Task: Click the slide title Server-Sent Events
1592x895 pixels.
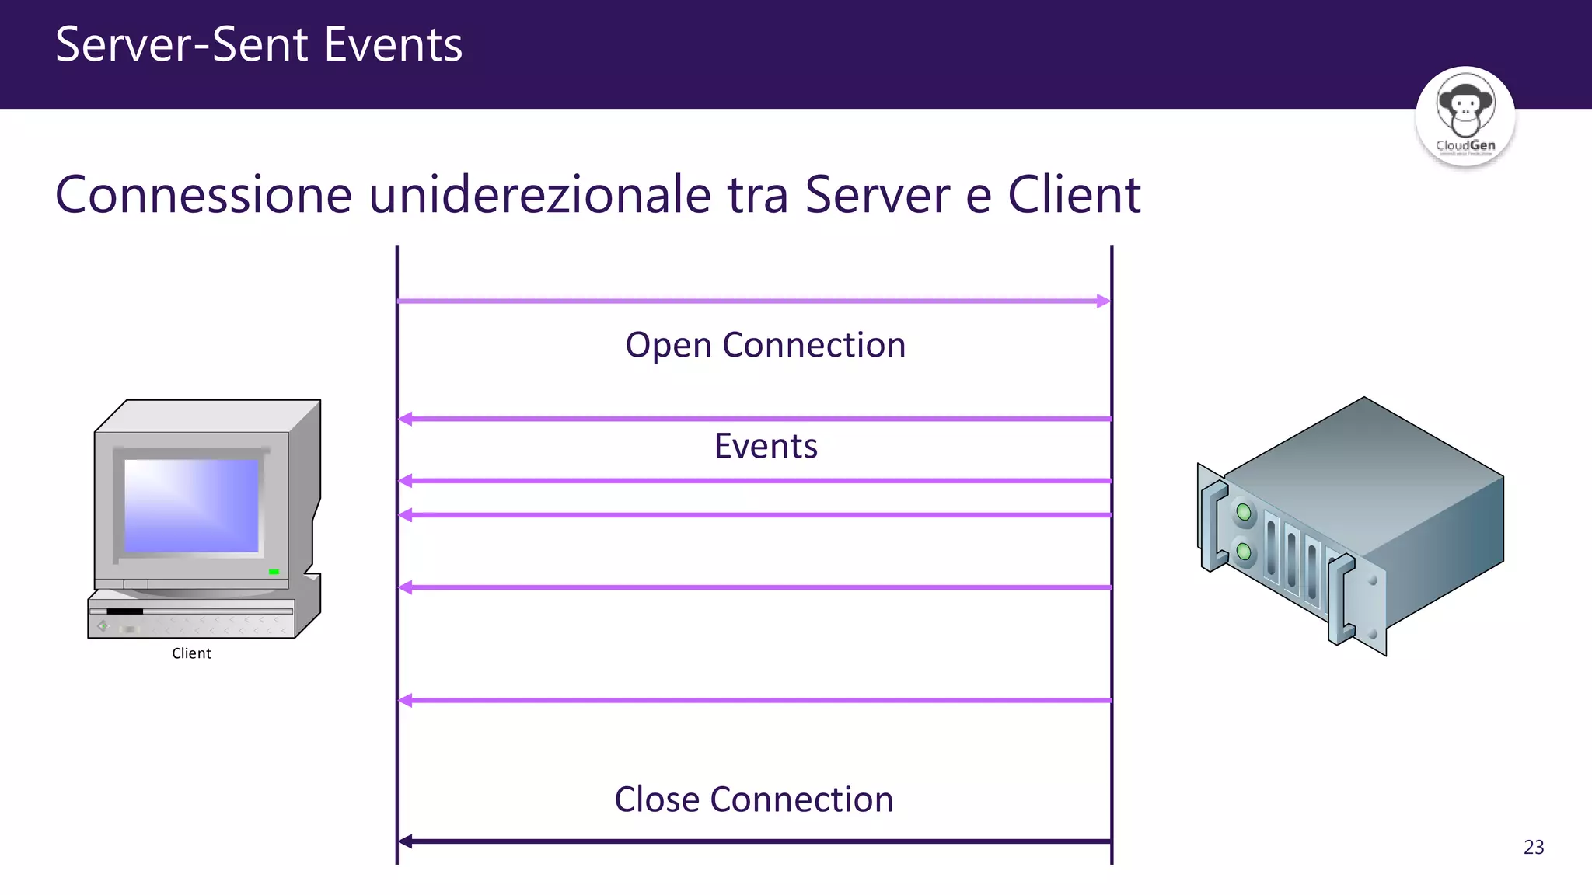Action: [259, 44]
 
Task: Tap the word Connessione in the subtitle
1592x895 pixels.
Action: [204, 194]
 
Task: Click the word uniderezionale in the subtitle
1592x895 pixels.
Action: [539, 194]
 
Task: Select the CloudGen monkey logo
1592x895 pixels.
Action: [1465, 115]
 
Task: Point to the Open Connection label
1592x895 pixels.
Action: [766, 345]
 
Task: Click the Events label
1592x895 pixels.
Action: [766, 446]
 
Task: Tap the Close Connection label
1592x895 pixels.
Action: [753, 799]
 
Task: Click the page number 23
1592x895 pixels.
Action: [1533, 847]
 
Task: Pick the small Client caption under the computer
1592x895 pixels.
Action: [191, 653]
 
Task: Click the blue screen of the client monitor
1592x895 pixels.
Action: [191, 505]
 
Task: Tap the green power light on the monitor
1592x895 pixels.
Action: [274, 572]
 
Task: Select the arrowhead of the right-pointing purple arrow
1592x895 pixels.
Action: [1104, 301]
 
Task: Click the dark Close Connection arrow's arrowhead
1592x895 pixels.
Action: [405, 841]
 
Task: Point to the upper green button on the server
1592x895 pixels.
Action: [1244, 512]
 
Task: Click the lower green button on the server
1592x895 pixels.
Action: [1244, 552]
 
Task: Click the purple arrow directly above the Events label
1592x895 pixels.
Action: [754, 419]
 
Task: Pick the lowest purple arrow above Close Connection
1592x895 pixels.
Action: [754, 700]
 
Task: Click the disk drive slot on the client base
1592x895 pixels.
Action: [124, 611]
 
